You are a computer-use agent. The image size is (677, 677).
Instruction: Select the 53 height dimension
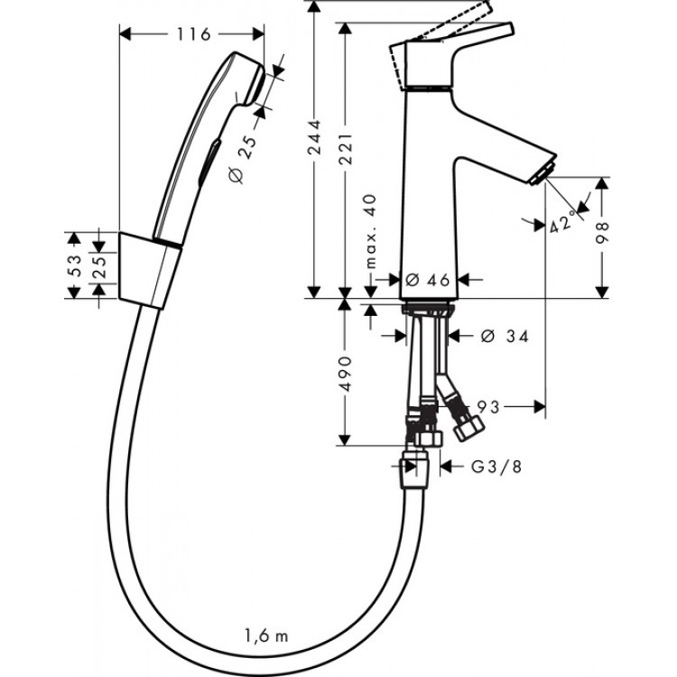click(x=77, y=264)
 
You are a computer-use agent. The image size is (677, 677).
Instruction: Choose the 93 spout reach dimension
click(x=488, y=407)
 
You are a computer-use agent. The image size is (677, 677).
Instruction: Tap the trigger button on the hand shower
click(x=209, y=162)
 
